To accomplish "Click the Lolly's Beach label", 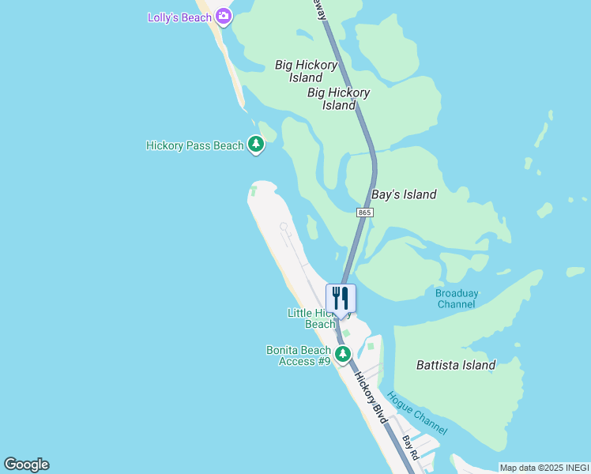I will click(x=179, y=17).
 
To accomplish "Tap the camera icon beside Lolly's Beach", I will click(x=224, y=16).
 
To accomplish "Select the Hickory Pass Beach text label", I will click(x=195, y=145).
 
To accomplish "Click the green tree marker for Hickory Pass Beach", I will click(x=255, y=144).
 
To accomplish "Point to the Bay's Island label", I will click(x=404, y=194).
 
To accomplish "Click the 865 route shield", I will click(x=364, y=213).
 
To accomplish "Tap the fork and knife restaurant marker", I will click(x=341, y=298).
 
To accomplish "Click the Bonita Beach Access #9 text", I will click(x=299, y=355).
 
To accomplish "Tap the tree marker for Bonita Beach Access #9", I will click(x=343, y=353).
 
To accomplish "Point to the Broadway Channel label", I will click(x=457, y=299).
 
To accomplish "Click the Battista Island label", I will click(x=456, y=365).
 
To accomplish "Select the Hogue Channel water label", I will click(x=418, y=415).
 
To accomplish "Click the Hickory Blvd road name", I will click(x=371, y=398).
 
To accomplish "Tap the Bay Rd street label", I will click(x=409, y=448).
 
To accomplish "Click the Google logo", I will click(x=26, y=465).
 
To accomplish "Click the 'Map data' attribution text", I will click(x=517, y=468).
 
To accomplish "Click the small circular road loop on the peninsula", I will click(x=284, y=227).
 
